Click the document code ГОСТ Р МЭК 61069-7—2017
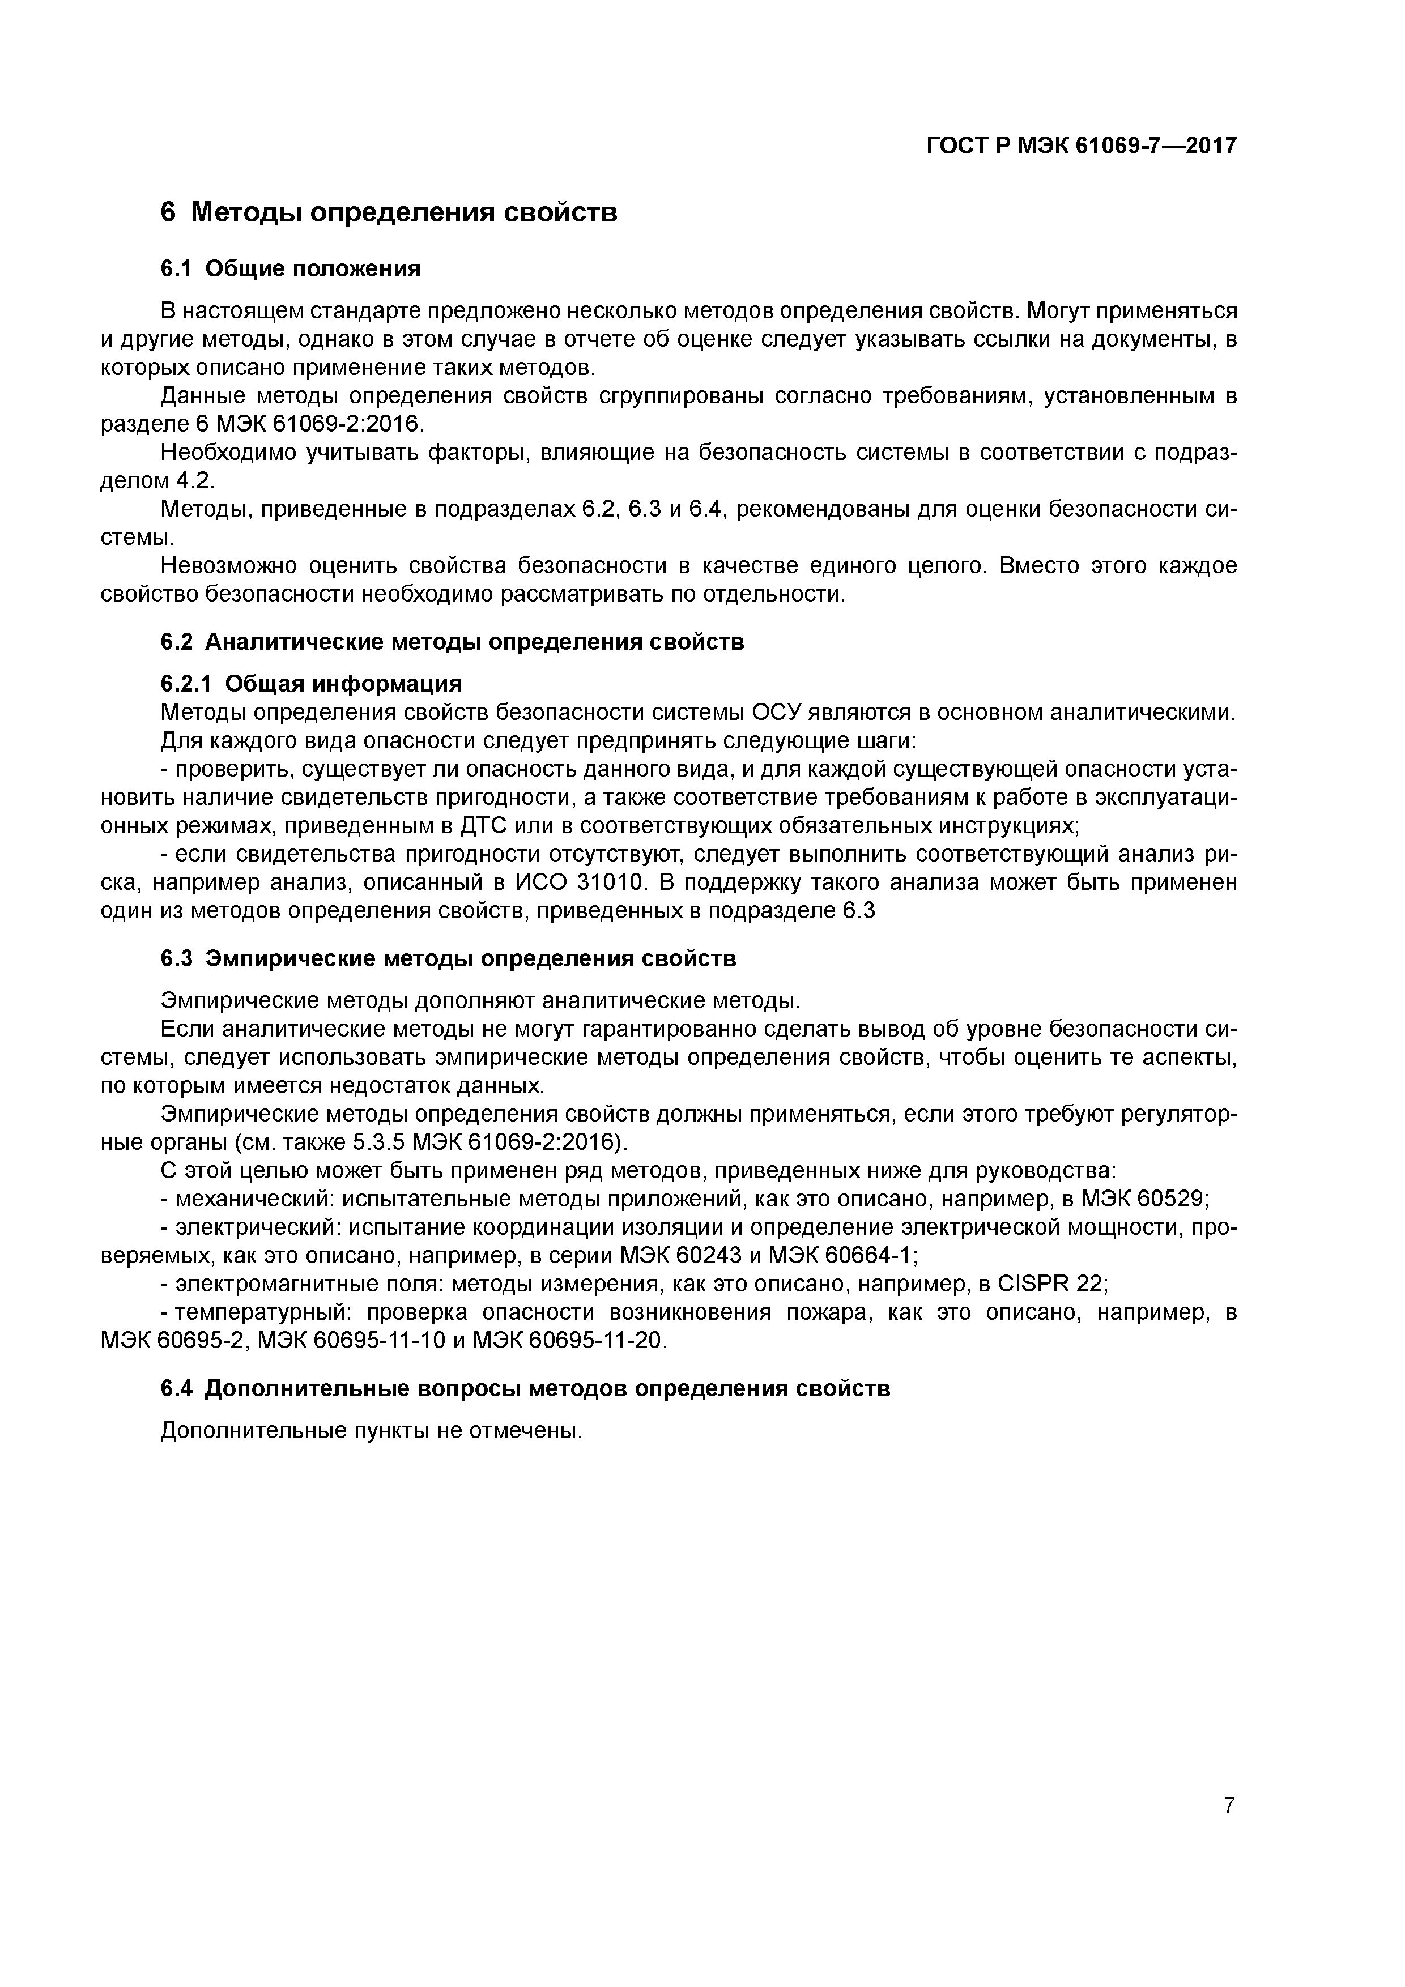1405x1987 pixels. (x=1082, y=146)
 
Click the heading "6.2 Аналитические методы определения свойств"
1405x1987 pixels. (x=452, y=642)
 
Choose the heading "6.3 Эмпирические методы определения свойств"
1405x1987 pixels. (x=449, y=959)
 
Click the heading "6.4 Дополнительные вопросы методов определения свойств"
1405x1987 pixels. (x=526, y=1388)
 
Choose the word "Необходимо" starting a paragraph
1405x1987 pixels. (x=227, y=453)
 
